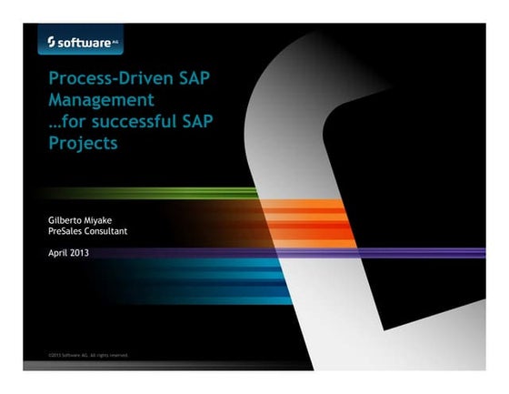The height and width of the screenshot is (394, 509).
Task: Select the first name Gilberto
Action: coord(67,221)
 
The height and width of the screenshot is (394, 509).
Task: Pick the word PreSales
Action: coord(66,232)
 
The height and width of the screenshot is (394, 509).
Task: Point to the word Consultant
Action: coord(108,232)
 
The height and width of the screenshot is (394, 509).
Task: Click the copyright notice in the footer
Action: coord(87,355)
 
